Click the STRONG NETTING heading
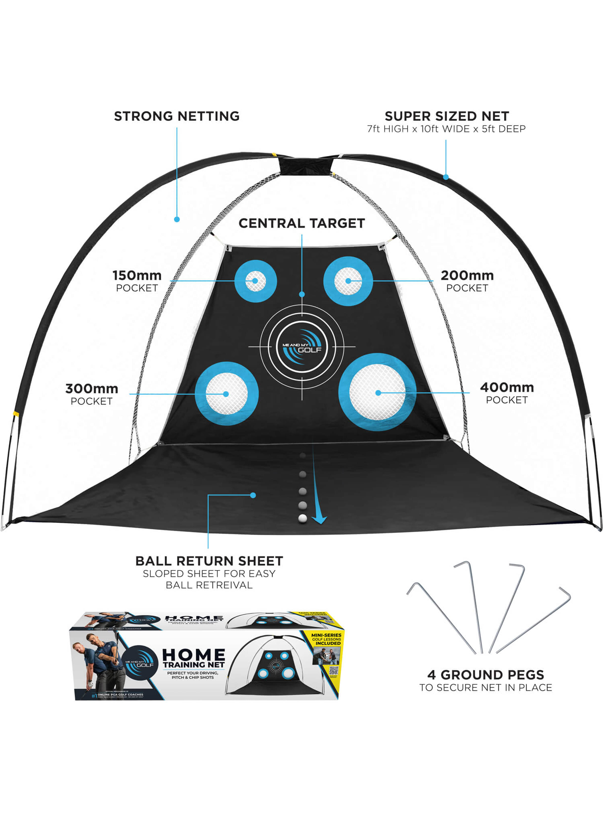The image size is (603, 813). point(177,116)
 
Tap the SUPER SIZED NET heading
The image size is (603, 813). point(446,116)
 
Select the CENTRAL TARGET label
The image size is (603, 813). point(301,223)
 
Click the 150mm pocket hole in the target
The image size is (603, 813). point(255,281)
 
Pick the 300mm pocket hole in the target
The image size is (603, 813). point(226,394)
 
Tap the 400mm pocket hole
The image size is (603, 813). point(377,392)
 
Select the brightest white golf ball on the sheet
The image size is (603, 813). point(303,518)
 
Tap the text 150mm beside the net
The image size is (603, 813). point(137,275)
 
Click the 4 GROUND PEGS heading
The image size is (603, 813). point(485,674)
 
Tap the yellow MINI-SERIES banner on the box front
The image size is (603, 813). point(326,639)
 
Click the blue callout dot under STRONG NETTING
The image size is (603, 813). point(177,219)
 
